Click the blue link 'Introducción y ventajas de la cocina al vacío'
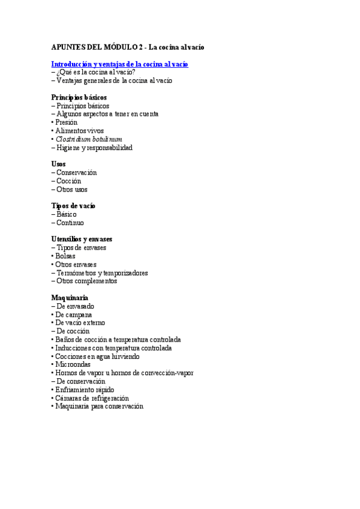click(119, 64)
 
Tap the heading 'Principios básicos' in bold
click(79, 97)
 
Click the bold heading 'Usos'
click(59, 164)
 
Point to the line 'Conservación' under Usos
click(76, 173)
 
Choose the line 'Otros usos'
click(72, 190)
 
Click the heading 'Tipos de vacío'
click(73, 206)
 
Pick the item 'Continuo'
click(70, 223)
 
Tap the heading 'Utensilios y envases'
click(82, 239)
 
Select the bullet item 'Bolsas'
click(65, 256)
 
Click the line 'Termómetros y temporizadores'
click(102, 273)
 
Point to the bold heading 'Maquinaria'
click(70, 298)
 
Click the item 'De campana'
click(74, 315)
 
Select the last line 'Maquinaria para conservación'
click(99, 406)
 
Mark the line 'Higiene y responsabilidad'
click(94, 148)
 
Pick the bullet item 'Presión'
click(67, 122)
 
